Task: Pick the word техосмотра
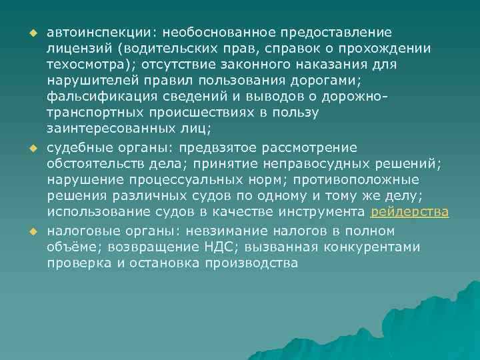coord(84,64)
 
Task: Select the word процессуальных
coord(187,180)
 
